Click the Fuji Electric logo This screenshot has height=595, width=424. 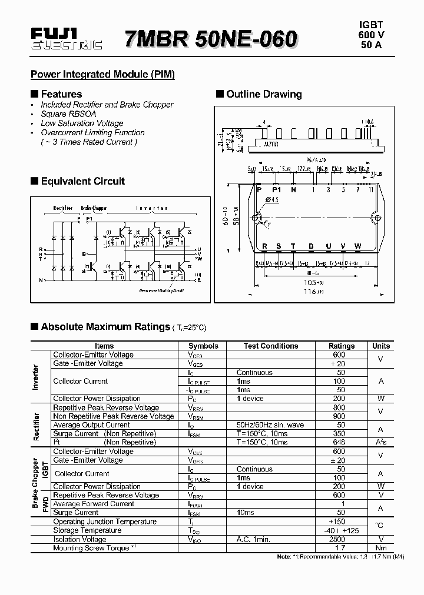tap(66, 39)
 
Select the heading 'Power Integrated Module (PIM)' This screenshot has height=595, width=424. tap(102, 75)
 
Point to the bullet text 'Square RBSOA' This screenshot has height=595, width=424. tap(68, 114)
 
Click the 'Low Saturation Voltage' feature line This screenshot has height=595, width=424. tap(82, 123)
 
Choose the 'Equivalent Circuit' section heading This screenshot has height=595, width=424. tap(82, 181)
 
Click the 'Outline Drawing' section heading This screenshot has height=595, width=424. tap(264, 94)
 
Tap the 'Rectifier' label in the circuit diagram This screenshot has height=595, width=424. tap(63, 208)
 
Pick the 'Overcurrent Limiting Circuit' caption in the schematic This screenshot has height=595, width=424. tap(161, 290)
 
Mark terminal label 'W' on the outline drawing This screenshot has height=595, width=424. tap(357, 246)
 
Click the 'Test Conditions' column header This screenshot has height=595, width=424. tap(271, 346)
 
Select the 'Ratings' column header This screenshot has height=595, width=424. tap(342, 346)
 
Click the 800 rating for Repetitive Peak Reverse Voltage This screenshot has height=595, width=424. tap(339, 407)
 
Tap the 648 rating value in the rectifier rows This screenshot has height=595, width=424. tap(339, 442)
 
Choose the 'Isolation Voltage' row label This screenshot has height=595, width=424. tap(79, 539)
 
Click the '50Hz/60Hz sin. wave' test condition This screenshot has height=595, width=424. tap(270, 425)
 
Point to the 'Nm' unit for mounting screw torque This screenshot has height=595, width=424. tap(381, 548)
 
